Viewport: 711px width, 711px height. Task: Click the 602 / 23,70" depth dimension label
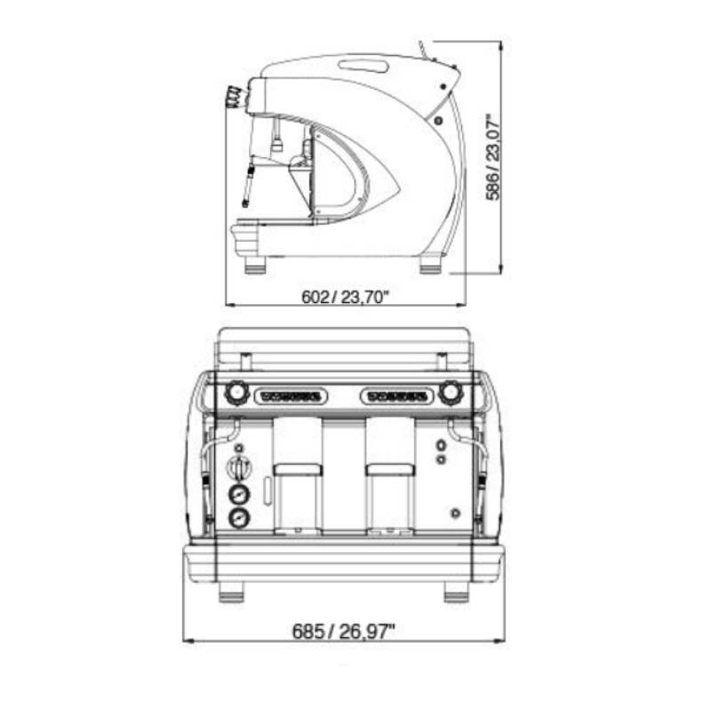pyautogui.click(x=346, y=297)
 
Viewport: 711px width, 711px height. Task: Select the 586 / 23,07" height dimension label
pyautogui.click(x=493, y=156)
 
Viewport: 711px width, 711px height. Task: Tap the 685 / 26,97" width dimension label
pyautogui.click(x=343, y=631)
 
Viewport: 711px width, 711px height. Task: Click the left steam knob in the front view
pyautogui.click(x=236, y=392)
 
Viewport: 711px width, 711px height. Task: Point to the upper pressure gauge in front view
pyautogui.click(x=239, y=494)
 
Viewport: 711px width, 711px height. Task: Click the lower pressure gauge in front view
pyautogui.click(x=239, y=518)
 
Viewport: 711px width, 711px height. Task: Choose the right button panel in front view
pyautogui.click(x=396, y=396)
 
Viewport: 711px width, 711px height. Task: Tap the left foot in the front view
pyautogui.click(x=231, y=592)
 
